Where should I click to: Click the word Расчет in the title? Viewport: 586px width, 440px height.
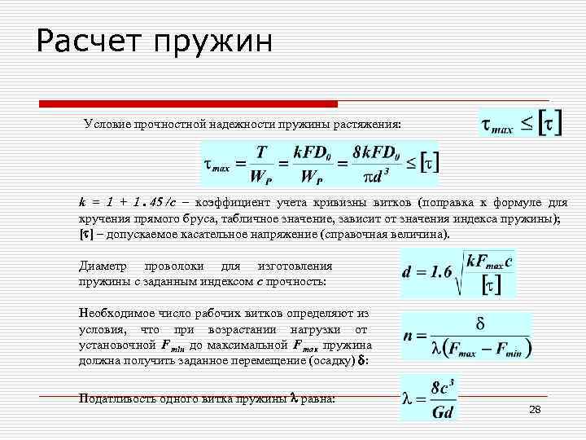click(x=89, y=42)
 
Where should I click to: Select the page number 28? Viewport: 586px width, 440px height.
click(x=535, y=409)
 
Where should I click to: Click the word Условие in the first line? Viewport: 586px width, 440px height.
click(x=106, y=125)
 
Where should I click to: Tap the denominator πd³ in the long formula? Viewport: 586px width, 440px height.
click(x=378, y=176)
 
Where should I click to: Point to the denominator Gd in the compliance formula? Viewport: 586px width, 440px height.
click(x=443, y=411)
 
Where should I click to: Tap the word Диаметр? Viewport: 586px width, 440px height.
click(x=103, y=266)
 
